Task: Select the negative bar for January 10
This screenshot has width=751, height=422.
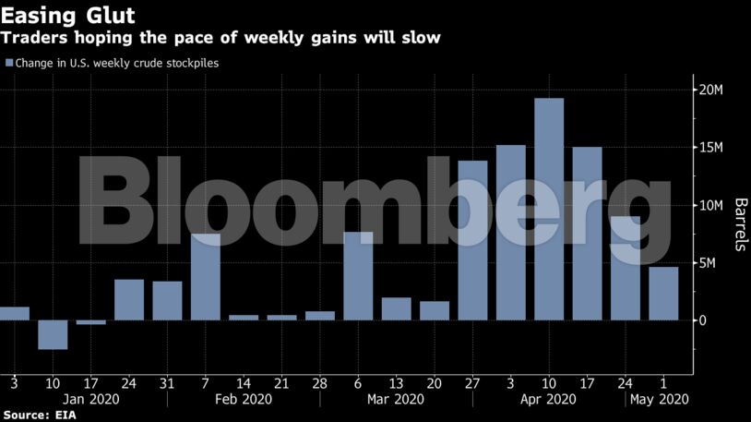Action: pyautogui.click(x=53, y=334)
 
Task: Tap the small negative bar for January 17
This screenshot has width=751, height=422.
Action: pyautogui.click(x=90, y=322)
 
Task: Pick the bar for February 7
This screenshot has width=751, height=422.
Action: pyautogui.click(x=206, y=277)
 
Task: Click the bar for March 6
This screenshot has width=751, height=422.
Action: pyautogui.click(x=358, y=276)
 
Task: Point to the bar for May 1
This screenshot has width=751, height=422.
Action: pyautogui.click(x=662, y=294)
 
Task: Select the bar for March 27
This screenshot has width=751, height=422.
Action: pyautogui.click(x=472, y=240)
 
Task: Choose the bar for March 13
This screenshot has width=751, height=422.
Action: pyautogui.click(x=396, y=308)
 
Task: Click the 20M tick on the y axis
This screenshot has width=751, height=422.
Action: pyautogui.click(x=711, y=90)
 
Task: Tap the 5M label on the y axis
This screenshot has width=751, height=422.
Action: pyautogui.click(x=709, y=263)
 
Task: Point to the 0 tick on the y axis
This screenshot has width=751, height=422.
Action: pyautogui.click(x=702, y=320)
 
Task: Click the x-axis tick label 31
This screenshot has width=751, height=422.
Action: pyautogui.click(x=167, y=381)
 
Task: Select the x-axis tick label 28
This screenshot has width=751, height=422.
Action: pyautogui.click(x=319, y=381)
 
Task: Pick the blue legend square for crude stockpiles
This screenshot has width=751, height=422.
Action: pyautogui.click(x=9, y=63)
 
